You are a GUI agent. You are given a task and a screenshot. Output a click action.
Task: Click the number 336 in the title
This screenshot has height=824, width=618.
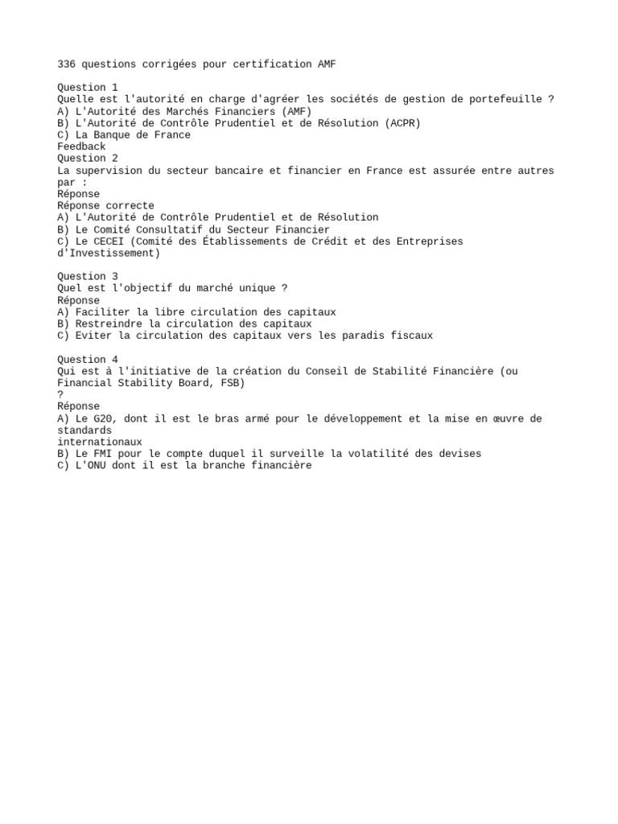coord(66,64)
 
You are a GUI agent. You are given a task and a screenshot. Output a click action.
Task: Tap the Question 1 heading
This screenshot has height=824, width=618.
coord(88,87)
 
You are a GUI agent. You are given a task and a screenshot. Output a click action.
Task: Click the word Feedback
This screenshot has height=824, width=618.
coord(81,146)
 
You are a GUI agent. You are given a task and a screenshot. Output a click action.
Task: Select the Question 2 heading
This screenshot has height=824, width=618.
coord(88,159)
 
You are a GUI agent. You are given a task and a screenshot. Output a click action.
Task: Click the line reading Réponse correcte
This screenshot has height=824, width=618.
coord(105,206)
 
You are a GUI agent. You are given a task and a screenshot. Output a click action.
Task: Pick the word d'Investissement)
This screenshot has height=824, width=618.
coord(109,253)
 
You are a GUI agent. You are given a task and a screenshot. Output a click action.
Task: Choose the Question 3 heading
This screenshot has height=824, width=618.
coord(88,276)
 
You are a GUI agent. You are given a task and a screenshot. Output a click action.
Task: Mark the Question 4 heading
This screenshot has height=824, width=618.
coord(88,360)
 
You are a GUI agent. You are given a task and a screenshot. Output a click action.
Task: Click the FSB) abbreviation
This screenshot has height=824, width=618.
coord(233,383)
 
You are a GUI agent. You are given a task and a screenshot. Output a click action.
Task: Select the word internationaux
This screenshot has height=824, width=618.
coord(100,442)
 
